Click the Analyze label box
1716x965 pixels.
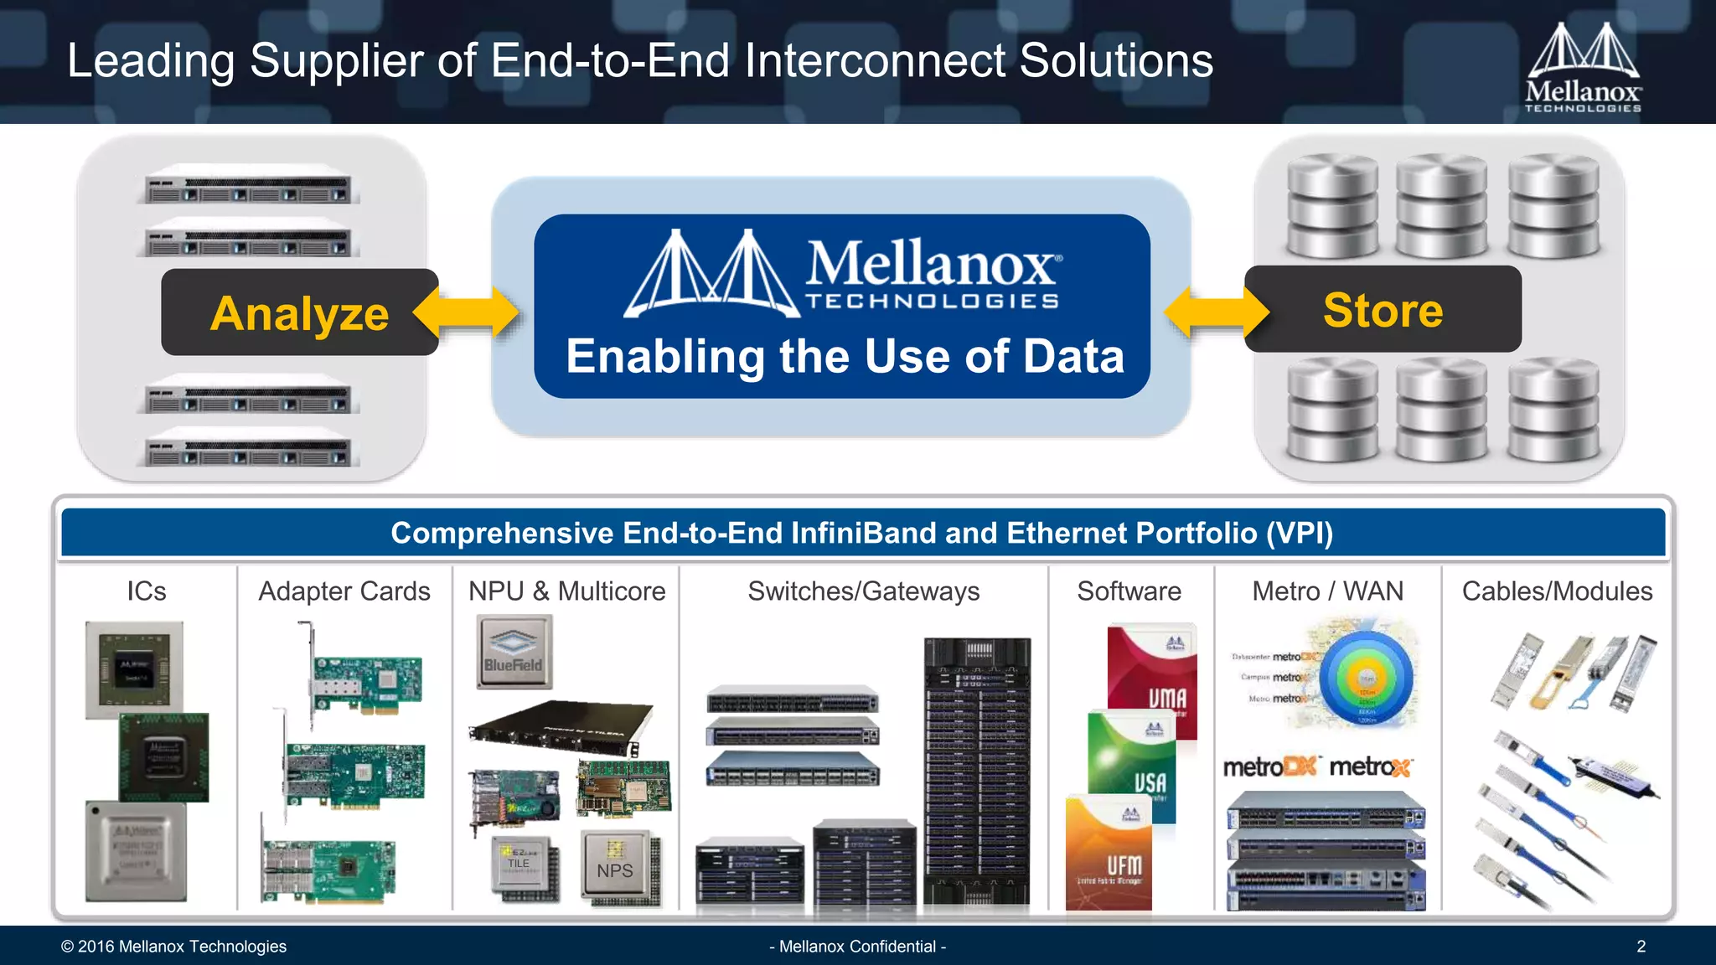pos(299,312)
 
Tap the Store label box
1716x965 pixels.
pos(1383,309)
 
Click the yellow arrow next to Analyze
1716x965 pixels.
pos(466,313)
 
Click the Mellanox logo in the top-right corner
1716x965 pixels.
pos(1583,68)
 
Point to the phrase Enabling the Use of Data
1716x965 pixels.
pos(845,356)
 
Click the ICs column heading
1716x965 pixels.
pos(147,591)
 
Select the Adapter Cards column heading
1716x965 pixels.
pos(344,591)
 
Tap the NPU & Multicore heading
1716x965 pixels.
pos(566,591)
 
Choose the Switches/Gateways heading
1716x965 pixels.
pos(863,591)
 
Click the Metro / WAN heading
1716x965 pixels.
pos(1327,591)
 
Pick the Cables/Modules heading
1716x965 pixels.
pos(1557,591)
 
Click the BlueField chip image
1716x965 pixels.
pos(514,652)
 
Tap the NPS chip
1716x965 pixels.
pos(617,869)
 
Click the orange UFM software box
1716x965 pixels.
pos(1109,854)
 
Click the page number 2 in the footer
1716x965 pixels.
pos(1641,947)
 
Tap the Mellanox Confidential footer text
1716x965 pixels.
pos(857,947)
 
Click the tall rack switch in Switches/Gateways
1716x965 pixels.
pos(977,771)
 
